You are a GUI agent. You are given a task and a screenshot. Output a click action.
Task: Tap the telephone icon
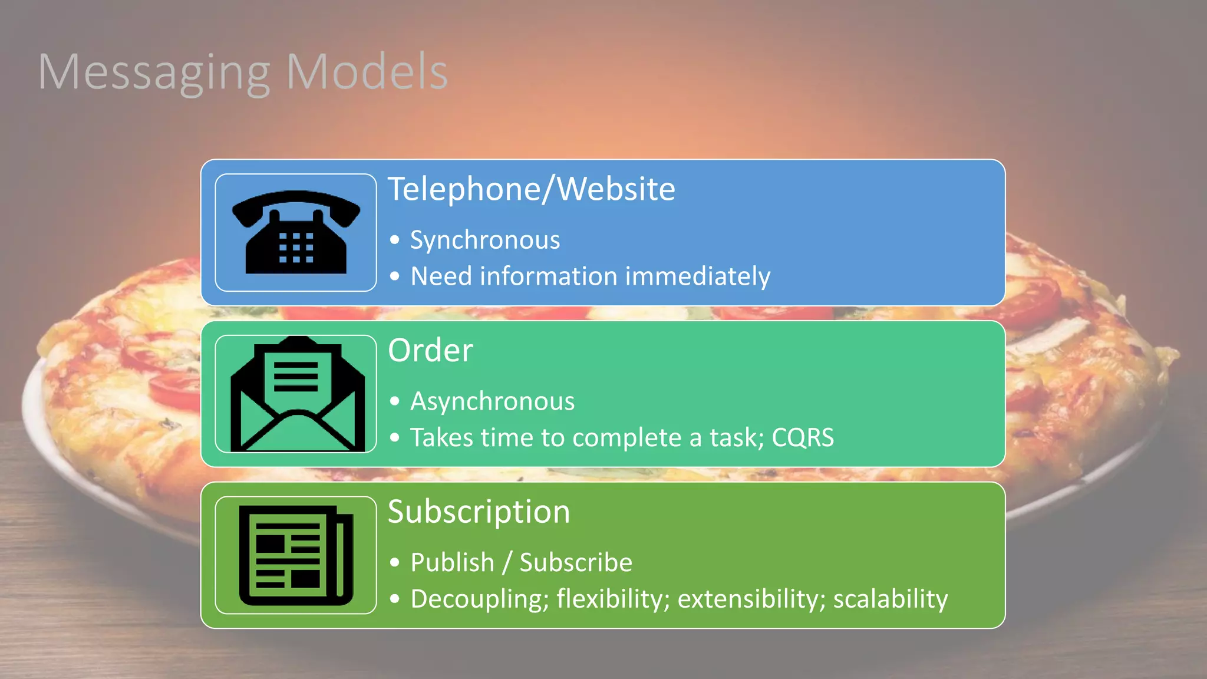pyautogui.click(x=296, y=232)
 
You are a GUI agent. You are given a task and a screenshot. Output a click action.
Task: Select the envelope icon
pyautogui.click(x=296, y=394)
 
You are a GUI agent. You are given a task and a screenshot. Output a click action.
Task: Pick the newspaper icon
pyautogui.click(x=296, y=555)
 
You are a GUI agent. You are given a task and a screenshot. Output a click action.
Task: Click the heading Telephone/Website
pyautogui.click(x=531, y=189)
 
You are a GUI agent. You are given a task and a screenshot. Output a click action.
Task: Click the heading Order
pyautogui.click(x=430, y=351)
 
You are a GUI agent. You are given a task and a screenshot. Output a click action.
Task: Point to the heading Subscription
pyautogui.click(x=479, y=512)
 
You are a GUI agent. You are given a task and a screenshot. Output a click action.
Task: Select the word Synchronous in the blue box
pyautogui.click(x=485, y=240)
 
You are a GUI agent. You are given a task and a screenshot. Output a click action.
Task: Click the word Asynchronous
pyautogui.click(x=492, y=402)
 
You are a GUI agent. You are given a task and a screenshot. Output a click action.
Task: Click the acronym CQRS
pyautogui.click(x=803, y=437)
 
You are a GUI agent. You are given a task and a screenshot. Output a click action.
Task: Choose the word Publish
pyautogui.click(x=452, y=562)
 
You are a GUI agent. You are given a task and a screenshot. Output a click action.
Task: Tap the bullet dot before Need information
pyautogui.click(x=395, y=276)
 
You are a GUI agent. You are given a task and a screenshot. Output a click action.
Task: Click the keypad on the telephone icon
pyautogui.click(x=296, y=248)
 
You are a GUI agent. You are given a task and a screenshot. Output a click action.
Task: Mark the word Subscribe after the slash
pyautogui.click(x=575, y=562)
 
